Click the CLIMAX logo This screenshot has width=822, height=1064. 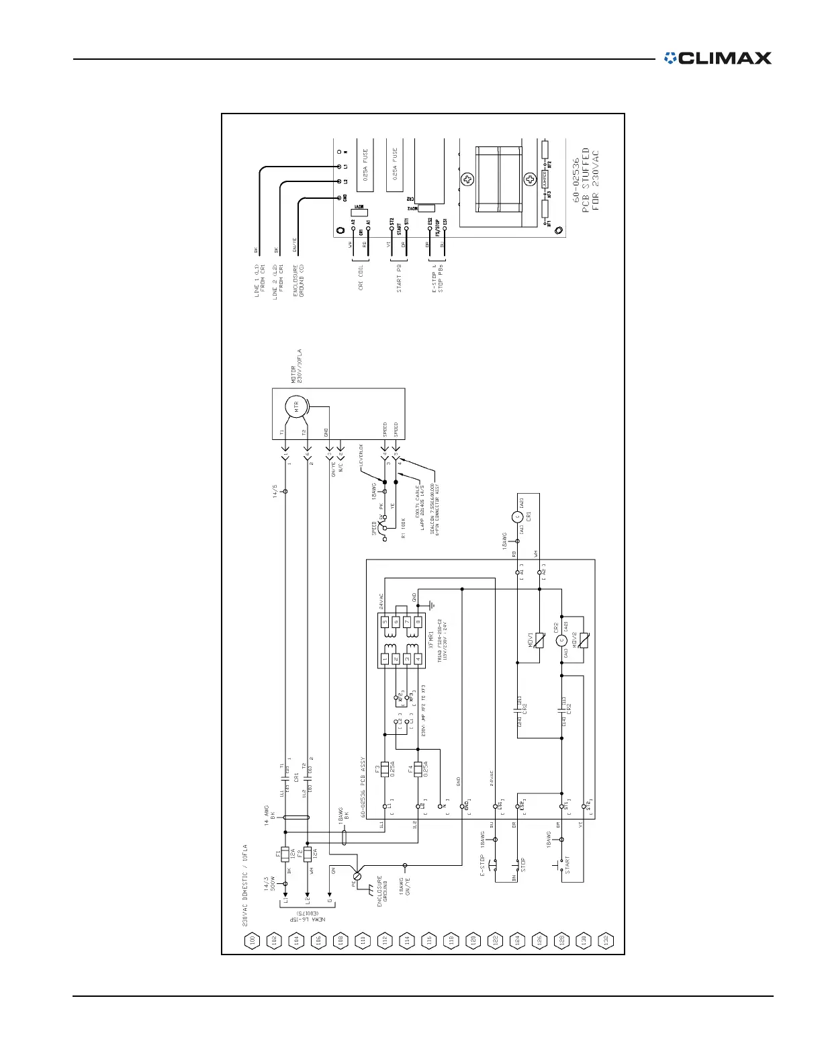(717, 58)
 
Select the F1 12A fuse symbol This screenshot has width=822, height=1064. (285, 854)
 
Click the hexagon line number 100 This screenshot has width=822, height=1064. (252, 940)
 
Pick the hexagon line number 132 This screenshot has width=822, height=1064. (606, 940)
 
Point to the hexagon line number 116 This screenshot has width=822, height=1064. (428, 940)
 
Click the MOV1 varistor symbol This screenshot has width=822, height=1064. (539, 639)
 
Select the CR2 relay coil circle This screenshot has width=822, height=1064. (562, 639)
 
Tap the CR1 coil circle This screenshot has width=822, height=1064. (518, 517)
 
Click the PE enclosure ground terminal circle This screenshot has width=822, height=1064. (357, 876)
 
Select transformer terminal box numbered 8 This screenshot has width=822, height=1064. (418, 622)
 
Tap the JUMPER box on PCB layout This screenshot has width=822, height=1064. (545, 179)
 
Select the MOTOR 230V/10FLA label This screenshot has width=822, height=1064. (296, 365)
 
